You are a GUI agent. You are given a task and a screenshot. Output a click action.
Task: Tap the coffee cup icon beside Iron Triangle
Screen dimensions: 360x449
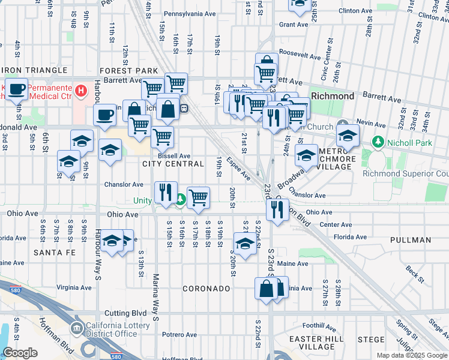point(17,89)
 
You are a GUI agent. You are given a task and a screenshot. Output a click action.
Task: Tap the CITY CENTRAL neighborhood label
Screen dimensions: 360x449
point(173,164)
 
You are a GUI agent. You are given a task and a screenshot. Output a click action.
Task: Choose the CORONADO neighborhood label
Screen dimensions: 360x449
point(206,289)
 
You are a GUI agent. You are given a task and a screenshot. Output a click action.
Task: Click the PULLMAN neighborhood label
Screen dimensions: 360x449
point(410,240)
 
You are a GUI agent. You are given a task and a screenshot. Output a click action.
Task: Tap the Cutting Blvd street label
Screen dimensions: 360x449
point(125,313)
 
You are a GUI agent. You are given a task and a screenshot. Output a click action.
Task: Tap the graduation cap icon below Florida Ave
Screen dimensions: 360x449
point(244,244)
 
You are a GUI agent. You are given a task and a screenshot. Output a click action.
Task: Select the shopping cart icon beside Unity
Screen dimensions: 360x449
point(198,196)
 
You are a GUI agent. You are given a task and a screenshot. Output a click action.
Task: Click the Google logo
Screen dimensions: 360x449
point(20,353)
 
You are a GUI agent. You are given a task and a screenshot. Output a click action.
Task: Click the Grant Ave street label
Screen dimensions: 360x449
point(294,25)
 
